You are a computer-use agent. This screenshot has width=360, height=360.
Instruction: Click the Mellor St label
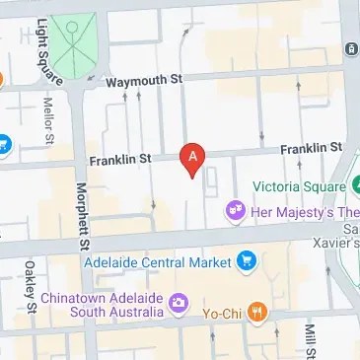[46, 119]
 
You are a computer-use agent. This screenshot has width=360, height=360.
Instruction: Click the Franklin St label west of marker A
[119, 158]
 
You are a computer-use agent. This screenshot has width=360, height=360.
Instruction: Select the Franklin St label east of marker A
[310, 148]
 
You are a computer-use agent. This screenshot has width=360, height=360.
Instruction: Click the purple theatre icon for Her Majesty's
[235, 208]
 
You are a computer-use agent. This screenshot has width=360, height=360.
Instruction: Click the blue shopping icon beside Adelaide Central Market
[247, 261]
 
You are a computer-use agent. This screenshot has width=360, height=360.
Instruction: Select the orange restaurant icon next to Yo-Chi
[256, 314]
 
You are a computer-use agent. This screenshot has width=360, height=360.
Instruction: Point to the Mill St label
[310, 340]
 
